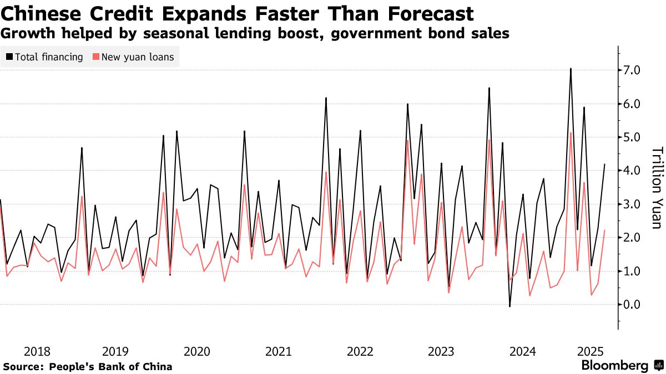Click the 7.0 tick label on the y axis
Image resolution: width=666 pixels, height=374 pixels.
[633, 70]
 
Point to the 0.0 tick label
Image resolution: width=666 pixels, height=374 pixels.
[633, 305]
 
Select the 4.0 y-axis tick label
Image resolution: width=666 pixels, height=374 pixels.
[633, 171]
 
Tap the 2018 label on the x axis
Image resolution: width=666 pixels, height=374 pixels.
[38, 351]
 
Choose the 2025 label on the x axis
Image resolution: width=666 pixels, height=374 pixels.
[591, 351]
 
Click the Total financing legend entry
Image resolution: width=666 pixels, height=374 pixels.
[49, 57]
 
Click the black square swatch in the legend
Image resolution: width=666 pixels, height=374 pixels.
[9, 57]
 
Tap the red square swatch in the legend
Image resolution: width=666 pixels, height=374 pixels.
[96, 57]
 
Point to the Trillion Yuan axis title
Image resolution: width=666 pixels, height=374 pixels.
[657, 188]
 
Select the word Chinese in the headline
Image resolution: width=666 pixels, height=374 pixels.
[42, 13]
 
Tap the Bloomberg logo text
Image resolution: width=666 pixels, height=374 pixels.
[614, 366]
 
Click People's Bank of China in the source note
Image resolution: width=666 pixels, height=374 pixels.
[110, 367]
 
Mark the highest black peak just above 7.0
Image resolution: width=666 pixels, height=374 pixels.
[571, 69]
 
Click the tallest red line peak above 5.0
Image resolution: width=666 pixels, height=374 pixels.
[571, 132]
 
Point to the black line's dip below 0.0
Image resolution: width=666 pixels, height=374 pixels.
[509, 306]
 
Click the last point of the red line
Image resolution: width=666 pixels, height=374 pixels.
[604, 230]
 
